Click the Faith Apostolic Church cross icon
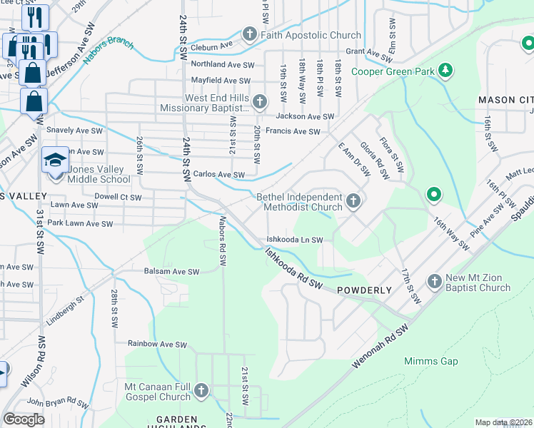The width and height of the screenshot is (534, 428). pyautogui.click(x=250, y=34)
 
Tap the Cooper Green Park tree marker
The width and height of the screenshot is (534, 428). pyautogui.click(x=445, y=70)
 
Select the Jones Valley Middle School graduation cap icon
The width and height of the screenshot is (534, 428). pyautogui.click(x=55, y=160)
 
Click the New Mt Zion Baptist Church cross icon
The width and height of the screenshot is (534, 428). pyautogui.click(x=435, y=282)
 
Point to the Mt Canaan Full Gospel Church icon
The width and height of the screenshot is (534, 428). pyautogui.click(x=201, y=390)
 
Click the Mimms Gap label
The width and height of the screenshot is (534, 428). pyautogui.click(x=430, y=361)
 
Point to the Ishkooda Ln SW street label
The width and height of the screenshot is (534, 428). pyautogui.click(x=295, y=240)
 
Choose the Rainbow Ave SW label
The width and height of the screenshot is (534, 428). pyautogui.click(x=157, y=343)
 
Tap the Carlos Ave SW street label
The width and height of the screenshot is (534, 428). pyautogui.click(x=219, y=174)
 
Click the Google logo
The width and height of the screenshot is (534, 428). pyautogui.click(x=24, y=419)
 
